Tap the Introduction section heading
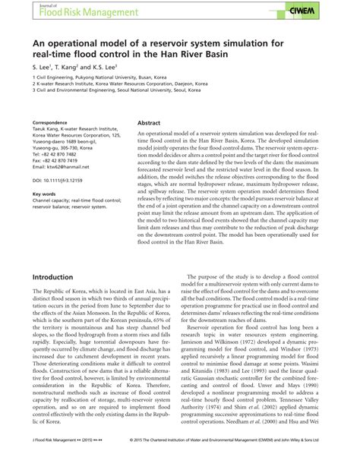(52, 278)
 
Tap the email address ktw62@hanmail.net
(62, 167)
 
